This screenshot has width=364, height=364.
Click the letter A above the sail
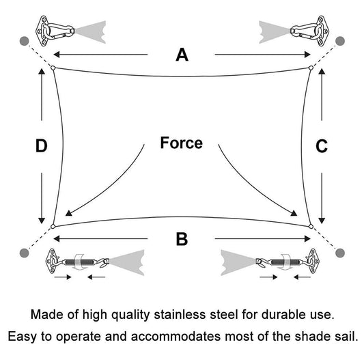(182, 55)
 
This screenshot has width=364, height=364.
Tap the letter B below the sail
(182, 239)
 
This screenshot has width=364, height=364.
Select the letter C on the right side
(322, 146)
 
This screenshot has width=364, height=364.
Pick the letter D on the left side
(42, 146)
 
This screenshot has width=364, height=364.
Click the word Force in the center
(181, 143)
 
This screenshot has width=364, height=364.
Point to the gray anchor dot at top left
(25, 41)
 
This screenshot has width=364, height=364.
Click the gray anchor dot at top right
(340, 41)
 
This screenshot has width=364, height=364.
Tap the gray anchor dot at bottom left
(25, 253)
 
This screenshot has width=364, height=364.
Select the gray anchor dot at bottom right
(340, 253)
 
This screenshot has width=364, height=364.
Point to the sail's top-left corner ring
(53, 68)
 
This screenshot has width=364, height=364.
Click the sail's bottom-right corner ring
(311, 226)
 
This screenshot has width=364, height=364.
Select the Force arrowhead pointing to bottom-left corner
(68, 213)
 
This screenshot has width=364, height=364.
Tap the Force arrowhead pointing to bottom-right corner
(294, 213)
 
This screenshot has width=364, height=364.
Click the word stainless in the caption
(180, 315)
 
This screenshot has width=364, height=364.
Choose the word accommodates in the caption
(176, 337)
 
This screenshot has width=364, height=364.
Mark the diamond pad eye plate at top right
(322, 31)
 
